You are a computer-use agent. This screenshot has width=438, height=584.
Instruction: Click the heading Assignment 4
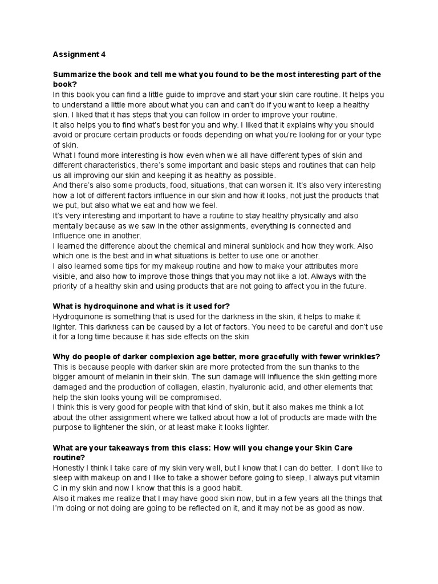79,55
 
